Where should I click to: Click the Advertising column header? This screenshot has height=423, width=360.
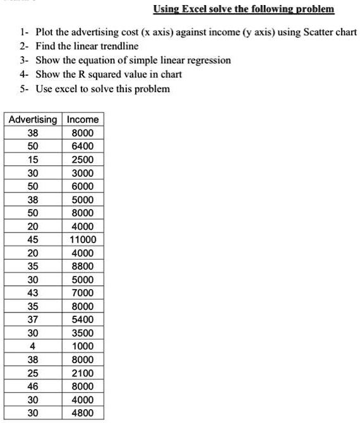click(32, 119)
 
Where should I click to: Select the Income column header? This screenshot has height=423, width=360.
click(83, 119)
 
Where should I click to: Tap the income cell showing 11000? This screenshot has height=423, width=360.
click(83, 239)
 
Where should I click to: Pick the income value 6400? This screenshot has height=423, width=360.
click(83, 146)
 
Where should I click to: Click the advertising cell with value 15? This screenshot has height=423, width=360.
click(32, 159)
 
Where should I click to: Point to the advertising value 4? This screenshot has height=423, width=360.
click(32, 346)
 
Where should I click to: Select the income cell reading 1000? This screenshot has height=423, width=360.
click(83, 346)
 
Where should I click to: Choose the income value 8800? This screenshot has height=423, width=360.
click(83, 266)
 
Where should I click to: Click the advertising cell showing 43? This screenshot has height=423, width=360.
click(32, 292)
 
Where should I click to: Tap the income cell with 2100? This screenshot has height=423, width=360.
click(83, 373)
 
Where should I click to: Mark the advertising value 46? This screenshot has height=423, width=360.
click(32, 386)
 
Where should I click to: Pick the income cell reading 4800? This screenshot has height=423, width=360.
click(83, 413)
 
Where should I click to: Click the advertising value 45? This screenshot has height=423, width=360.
click(32, 239)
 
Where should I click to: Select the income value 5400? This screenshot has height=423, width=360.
click(83, 319)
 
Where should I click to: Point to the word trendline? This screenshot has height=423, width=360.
click(116, 46)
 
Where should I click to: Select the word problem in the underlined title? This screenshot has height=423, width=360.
click(313, 9)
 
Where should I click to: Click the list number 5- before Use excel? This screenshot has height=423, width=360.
click(23, 88)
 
